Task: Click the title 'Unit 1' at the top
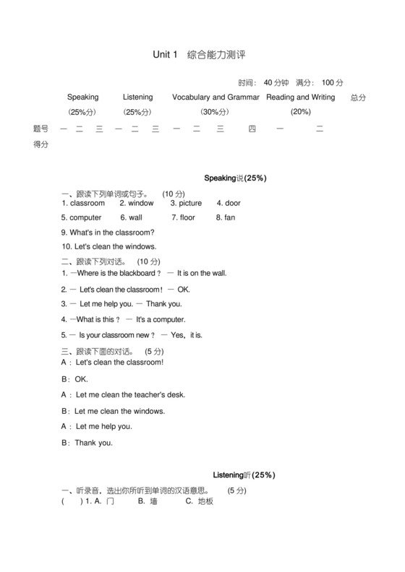point(165,55)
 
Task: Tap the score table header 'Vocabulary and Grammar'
point(216,97)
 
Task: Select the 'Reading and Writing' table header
point(300,97)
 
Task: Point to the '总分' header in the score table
point(358,97)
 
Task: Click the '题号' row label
point(41,129)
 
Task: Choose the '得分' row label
point(41,144)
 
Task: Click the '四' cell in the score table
point(252,129)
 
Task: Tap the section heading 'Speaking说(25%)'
point(236,178)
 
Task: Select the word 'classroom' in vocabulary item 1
point(88,203)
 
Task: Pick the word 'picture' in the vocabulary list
point(189,203)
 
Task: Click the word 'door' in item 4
point(233,203)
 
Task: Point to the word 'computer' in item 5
point(85,217)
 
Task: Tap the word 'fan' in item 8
point(230,217)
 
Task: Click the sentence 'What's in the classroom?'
point(111,233)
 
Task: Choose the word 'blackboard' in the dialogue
point(136,273)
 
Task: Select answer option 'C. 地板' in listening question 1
point(200,501)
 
